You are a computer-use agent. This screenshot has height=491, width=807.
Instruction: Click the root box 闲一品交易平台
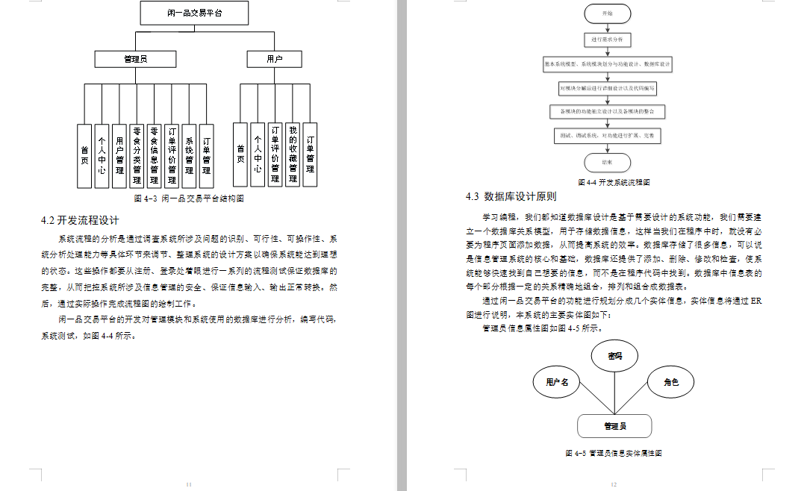coord(194,13)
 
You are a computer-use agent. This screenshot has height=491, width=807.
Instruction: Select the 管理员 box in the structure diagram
coord(135,59)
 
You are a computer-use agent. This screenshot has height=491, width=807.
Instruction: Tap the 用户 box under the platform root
coord(274,59)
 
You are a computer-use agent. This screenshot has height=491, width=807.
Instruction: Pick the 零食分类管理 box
coord(136,155)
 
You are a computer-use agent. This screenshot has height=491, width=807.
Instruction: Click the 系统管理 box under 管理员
coord(189,155)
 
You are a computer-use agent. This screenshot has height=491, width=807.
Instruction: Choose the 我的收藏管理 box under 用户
coord(293,154)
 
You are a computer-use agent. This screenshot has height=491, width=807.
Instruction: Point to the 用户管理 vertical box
coord(119,155)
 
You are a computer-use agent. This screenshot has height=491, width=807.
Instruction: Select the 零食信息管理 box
coord(154,155)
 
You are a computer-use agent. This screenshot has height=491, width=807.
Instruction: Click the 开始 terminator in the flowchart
coord(606,14)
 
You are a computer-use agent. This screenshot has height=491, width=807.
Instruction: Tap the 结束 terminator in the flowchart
coord(606,161)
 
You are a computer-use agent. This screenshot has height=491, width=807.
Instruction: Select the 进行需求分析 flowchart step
coord(606,39)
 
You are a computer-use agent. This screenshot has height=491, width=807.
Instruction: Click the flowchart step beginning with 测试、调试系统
coord(606,137)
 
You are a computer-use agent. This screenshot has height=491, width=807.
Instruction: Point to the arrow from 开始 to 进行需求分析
coord(606,28)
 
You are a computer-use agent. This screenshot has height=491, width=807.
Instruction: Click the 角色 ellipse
coord(671,382)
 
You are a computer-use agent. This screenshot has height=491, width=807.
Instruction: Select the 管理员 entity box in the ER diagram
coord(614,426)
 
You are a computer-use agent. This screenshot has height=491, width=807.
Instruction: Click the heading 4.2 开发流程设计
coord(80,220)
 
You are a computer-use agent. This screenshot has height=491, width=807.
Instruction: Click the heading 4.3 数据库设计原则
coord(510,197)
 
